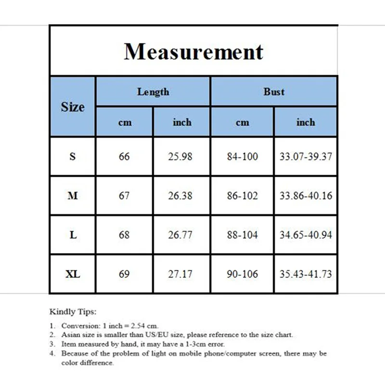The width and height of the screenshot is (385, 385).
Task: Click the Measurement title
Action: point(193,51)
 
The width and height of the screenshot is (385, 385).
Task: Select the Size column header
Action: point(73,107)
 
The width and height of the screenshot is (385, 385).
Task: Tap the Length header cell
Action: point(153,91)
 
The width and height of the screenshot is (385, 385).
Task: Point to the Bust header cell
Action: point(274,91)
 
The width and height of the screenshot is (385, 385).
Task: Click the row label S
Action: point(73,156)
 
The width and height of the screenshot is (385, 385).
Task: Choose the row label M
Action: point(73,196)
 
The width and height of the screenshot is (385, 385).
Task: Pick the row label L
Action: point(73,235)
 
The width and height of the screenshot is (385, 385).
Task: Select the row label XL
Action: point(73,274)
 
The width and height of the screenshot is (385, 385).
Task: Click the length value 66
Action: point(124,156)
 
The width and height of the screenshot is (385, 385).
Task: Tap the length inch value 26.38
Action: point(182,196)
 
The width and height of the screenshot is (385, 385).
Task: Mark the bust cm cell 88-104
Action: point(242,235)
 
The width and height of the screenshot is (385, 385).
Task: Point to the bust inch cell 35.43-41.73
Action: point(306,274)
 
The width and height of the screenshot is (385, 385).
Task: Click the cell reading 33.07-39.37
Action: point(306,156)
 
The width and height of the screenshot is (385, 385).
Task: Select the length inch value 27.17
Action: point(182,274)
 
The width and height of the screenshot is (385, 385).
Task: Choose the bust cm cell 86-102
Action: point(242,196)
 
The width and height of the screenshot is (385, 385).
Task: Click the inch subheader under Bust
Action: point(306,122)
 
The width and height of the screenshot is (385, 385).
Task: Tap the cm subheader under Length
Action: point(125,123)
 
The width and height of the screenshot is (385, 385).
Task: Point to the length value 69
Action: point(124,274)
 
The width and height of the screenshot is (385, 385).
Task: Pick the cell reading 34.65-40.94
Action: point(306,235)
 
